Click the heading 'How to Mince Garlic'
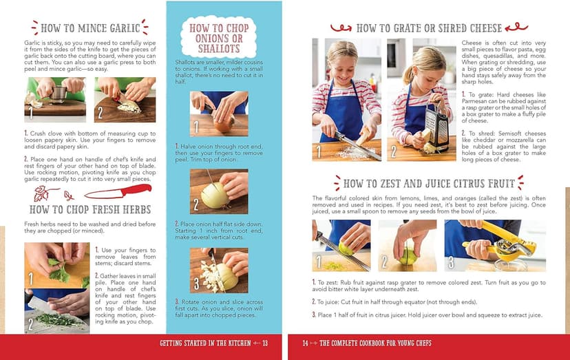(91, 29)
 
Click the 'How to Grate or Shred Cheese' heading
(424, 28)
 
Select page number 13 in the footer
(264, 343)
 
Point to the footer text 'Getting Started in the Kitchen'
(204, 343)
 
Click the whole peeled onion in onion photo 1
(224, 123)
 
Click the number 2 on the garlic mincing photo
(101, 112)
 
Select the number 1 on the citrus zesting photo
(319, 262)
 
